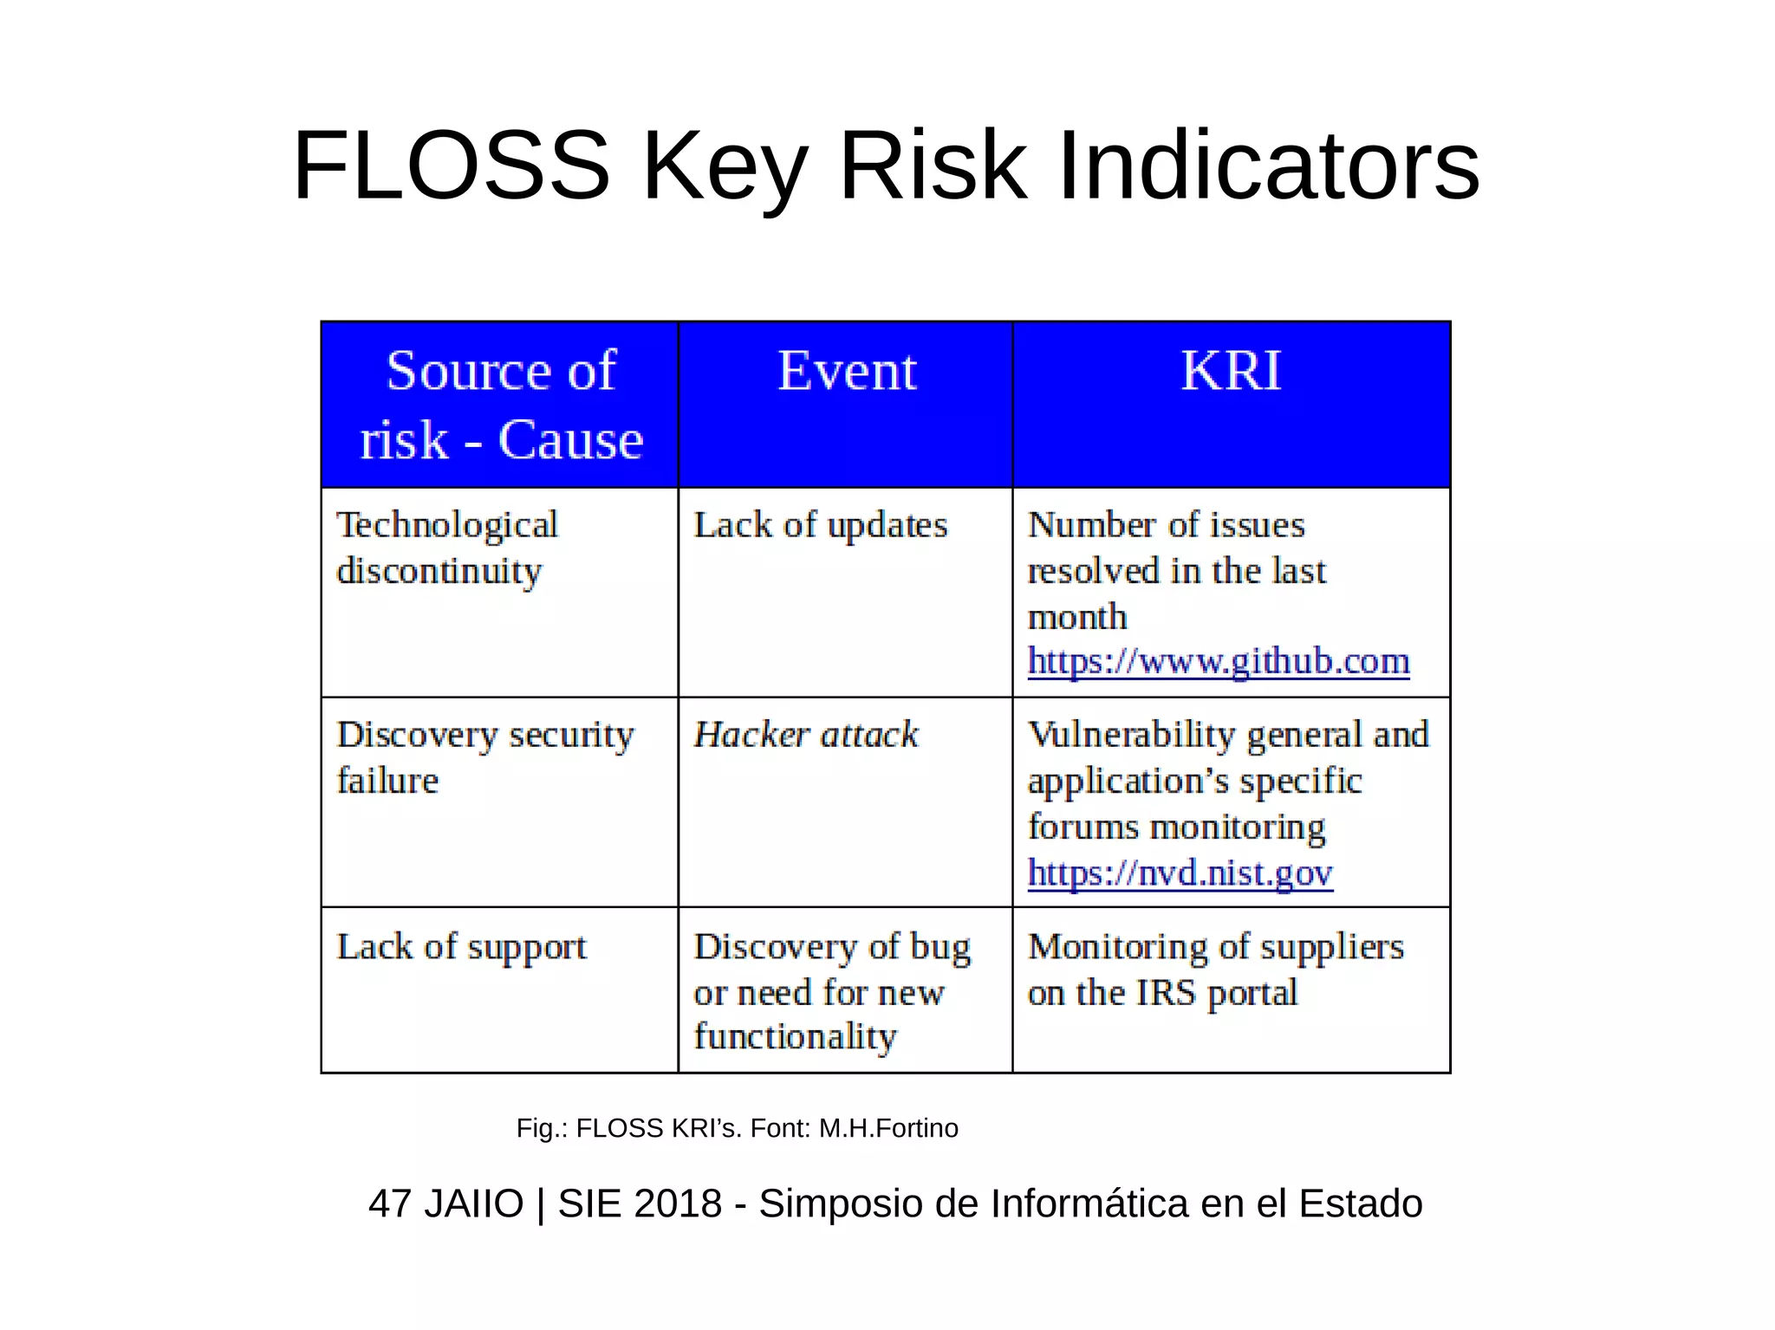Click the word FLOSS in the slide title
pos(452,165)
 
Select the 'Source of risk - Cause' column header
pos(500,405)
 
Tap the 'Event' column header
pos(846,372)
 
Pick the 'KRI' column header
pos(1231,372)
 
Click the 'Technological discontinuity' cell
pos(447,548)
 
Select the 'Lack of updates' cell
pos(820,525)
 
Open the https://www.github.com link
pos(1218,661)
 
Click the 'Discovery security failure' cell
pos(484,757)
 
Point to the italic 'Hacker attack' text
pos(805,735)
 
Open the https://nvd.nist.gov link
pos(1180,873)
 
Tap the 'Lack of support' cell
pos(461,946)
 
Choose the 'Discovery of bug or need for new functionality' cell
pos(831,991)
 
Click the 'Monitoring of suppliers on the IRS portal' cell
pos(1215,970)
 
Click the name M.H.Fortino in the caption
pos(888,1128)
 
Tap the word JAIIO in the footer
pos(473,1203)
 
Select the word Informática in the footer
pos(1089,1203)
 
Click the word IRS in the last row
pos(1166,993)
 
